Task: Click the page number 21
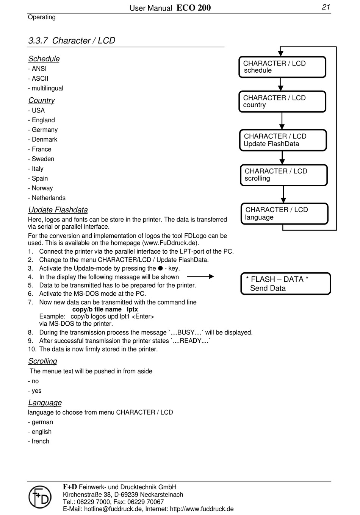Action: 326,7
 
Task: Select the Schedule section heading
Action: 44,59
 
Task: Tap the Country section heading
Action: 41,100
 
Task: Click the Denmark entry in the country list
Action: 44,139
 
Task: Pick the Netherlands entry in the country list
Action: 49,198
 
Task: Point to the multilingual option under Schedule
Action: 47,88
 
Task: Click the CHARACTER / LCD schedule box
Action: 282,67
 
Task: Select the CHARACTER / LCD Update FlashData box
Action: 283,140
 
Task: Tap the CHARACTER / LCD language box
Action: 284,214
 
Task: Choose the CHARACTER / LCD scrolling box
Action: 283,175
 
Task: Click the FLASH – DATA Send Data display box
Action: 285,284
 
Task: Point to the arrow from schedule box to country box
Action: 280,84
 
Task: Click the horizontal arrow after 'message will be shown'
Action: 200,277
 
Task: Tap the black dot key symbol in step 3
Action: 160,268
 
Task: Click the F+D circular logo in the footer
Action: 40,497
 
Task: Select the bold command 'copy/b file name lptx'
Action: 105,309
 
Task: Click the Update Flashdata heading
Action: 58,210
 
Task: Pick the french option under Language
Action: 40,441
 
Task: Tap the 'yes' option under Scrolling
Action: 36,391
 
